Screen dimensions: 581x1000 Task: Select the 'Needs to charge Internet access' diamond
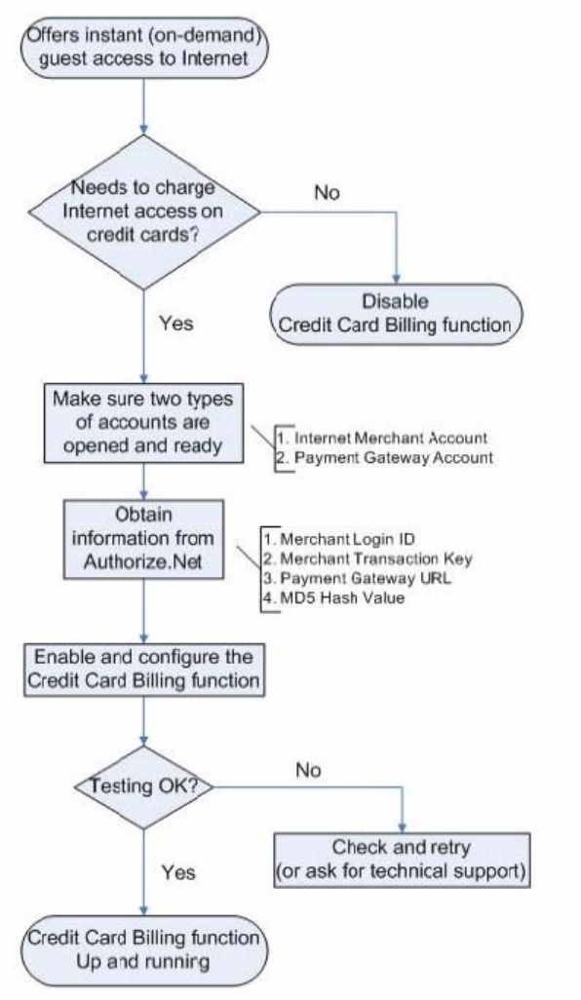click(144, 212)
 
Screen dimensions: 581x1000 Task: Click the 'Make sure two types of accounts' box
click(143, 422)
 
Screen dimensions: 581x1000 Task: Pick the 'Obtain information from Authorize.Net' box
click(143, 539)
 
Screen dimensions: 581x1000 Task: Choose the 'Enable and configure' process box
click(143, 669)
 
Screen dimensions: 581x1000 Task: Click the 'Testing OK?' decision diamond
click(143, 787)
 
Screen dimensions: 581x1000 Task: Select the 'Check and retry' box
click(402, 859)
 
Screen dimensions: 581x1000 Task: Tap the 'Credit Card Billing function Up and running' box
click(143, 949)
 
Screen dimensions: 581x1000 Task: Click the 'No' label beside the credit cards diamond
click(327, 193)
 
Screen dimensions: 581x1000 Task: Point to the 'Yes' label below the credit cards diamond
click(176, 323)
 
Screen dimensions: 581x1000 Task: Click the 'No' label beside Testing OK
click(308, 770)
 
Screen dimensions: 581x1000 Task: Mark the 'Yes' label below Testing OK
click(177, 871)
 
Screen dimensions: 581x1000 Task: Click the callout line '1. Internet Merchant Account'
click(382, 439)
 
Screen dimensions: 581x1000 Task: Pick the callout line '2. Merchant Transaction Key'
click(368, 558)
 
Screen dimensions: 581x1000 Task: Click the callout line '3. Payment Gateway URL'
click(357, 578)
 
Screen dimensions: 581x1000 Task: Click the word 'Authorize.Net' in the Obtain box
click(143, 561)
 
